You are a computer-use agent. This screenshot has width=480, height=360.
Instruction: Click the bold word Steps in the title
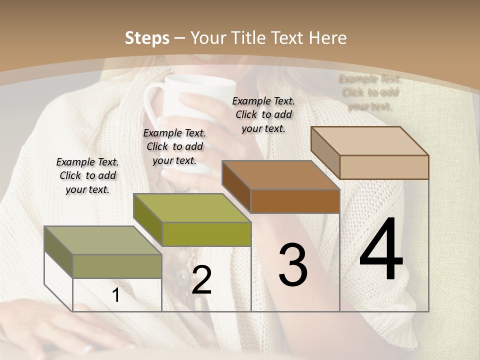147,38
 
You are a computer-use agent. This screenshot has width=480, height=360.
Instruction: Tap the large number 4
381,249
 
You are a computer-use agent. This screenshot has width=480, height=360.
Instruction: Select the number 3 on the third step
293,265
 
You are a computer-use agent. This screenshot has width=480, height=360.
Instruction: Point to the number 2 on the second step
201,280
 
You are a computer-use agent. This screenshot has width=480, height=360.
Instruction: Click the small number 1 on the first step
116,295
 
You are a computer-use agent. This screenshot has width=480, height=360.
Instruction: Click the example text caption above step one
87,175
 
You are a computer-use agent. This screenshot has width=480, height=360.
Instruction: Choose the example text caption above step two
174,146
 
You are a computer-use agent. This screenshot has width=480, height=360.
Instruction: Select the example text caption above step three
263,114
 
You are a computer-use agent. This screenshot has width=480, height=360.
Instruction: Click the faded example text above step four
369,92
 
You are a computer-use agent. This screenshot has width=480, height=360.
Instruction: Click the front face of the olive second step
206,234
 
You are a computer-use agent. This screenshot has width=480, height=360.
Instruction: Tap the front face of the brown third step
295,201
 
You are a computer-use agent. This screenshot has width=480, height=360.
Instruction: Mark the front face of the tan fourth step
384,167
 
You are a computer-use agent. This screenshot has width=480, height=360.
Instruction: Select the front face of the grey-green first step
117,266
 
